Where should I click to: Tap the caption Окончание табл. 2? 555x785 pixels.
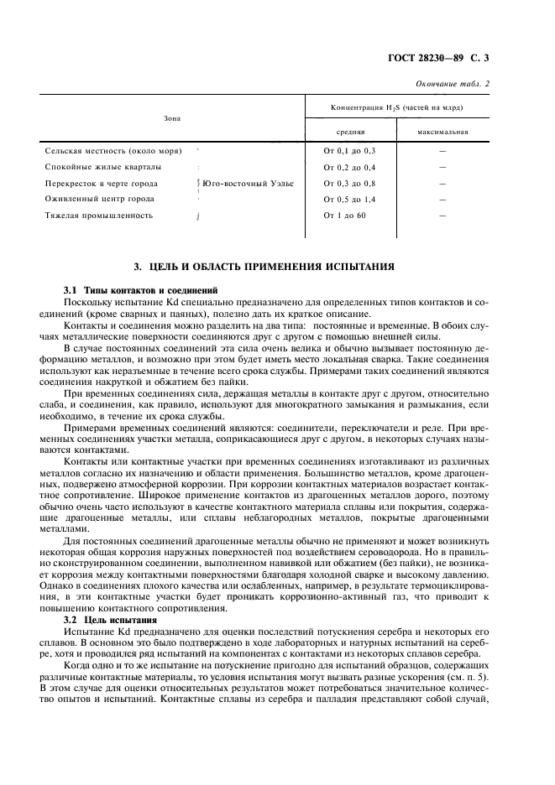tap(453, 83)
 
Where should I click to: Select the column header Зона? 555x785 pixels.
tap(172, 118)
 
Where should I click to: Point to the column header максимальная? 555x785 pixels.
tap(442, 132)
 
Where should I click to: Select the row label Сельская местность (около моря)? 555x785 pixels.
tap(108, 150)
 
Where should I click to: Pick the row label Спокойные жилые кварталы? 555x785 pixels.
tap(97, 167)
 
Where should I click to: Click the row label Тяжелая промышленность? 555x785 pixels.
tap(98, 216)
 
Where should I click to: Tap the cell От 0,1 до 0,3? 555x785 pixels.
tap(349, 150)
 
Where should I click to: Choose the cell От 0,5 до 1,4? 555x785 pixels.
tap(349, 200)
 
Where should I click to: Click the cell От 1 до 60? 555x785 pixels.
tap(345, 216)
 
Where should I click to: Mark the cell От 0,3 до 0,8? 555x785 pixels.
tap(349, 183)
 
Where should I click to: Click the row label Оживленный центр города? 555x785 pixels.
tap(99, 200)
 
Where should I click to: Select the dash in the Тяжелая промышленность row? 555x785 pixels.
tap(442, 216)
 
